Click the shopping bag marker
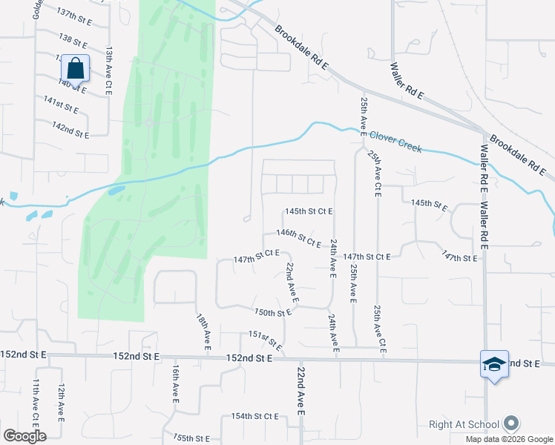click(x=75, y=68)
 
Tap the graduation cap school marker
click(x=494, y=364)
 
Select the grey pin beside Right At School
click(x=510, y=424)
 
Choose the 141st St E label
click(x=61, y=104)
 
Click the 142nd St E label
click(x=70, y=130)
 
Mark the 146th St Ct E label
click(x=298, y=237)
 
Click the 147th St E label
click(x=459, y=257)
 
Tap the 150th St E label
click(x=272, y=312)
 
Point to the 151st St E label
click(x=266, y=340)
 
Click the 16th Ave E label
click(x=175, y=383)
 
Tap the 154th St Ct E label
click(x=254, y=416)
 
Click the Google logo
click(x=24, y=435)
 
